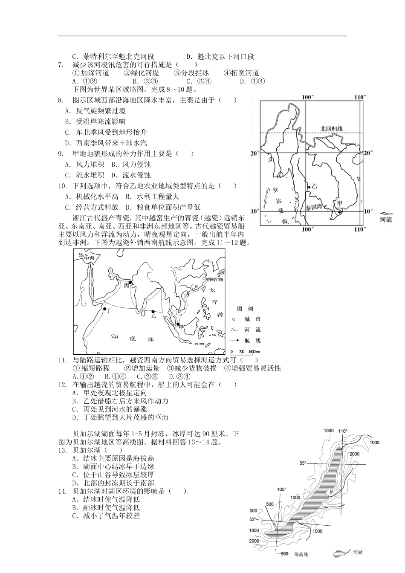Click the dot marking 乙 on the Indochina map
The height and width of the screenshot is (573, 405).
[309, 187]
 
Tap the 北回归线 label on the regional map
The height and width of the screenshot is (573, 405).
[331, 128]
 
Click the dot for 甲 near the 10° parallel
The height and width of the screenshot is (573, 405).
[340, 212]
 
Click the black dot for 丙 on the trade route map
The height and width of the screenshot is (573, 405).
[130, 282]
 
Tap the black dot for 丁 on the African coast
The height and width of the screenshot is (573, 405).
[104, 309]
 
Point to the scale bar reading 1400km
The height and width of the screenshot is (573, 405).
[245, 352]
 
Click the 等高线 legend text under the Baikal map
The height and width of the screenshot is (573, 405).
[298, 554]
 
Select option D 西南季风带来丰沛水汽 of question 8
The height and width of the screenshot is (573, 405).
[106, 143]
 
